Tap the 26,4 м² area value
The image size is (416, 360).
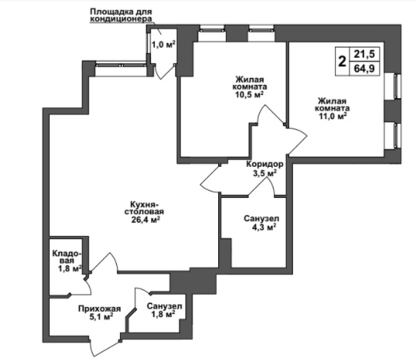146,220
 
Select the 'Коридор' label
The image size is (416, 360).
265,164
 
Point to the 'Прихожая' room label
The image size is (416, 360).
100,309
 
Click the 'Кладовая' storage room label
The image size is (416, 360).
66,257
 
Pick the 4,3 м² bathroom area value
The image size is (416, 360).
263,227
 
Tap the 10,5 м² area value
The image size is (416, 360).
249,94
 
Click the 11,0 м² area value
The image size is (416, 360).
333,116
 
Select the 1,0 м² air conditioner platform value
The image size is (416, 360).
164,44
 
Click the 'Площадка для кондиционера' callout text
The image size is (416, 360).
121,16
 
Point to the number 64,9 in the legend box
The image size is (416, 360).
365,69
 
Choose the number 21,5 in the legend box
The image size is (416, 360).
365,54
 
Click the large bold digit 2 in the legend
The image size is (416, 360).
343,62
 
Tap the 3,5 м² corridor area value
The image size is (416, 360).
265,174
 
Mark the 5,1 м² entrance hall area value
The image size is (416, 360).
102,317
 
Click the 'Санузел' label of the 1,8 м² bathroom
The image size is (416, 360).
164,306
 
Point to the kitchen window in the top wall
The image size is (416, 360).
121,64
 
